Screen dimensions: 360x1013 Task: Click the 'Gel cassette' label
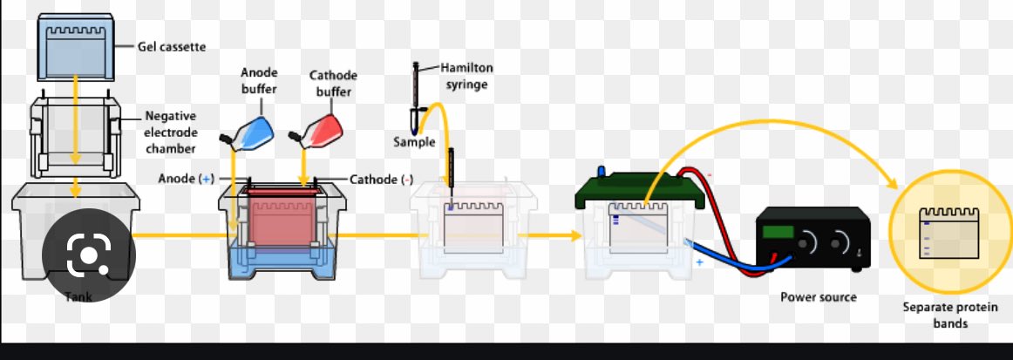point(172,46)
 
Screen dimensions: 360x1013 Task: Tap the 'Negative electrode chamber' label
point(171,131)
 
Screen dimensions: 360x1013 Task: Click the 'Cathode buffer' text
point(334,82)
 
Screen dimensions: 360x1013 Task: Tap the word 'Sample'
point(413,141)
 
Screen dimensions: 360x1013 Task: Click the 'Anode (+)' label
point(186,179)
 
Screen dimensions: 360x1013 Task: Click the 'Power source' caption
point(819,297)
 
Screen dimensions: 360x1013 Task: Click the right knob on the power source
point(842,240)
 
